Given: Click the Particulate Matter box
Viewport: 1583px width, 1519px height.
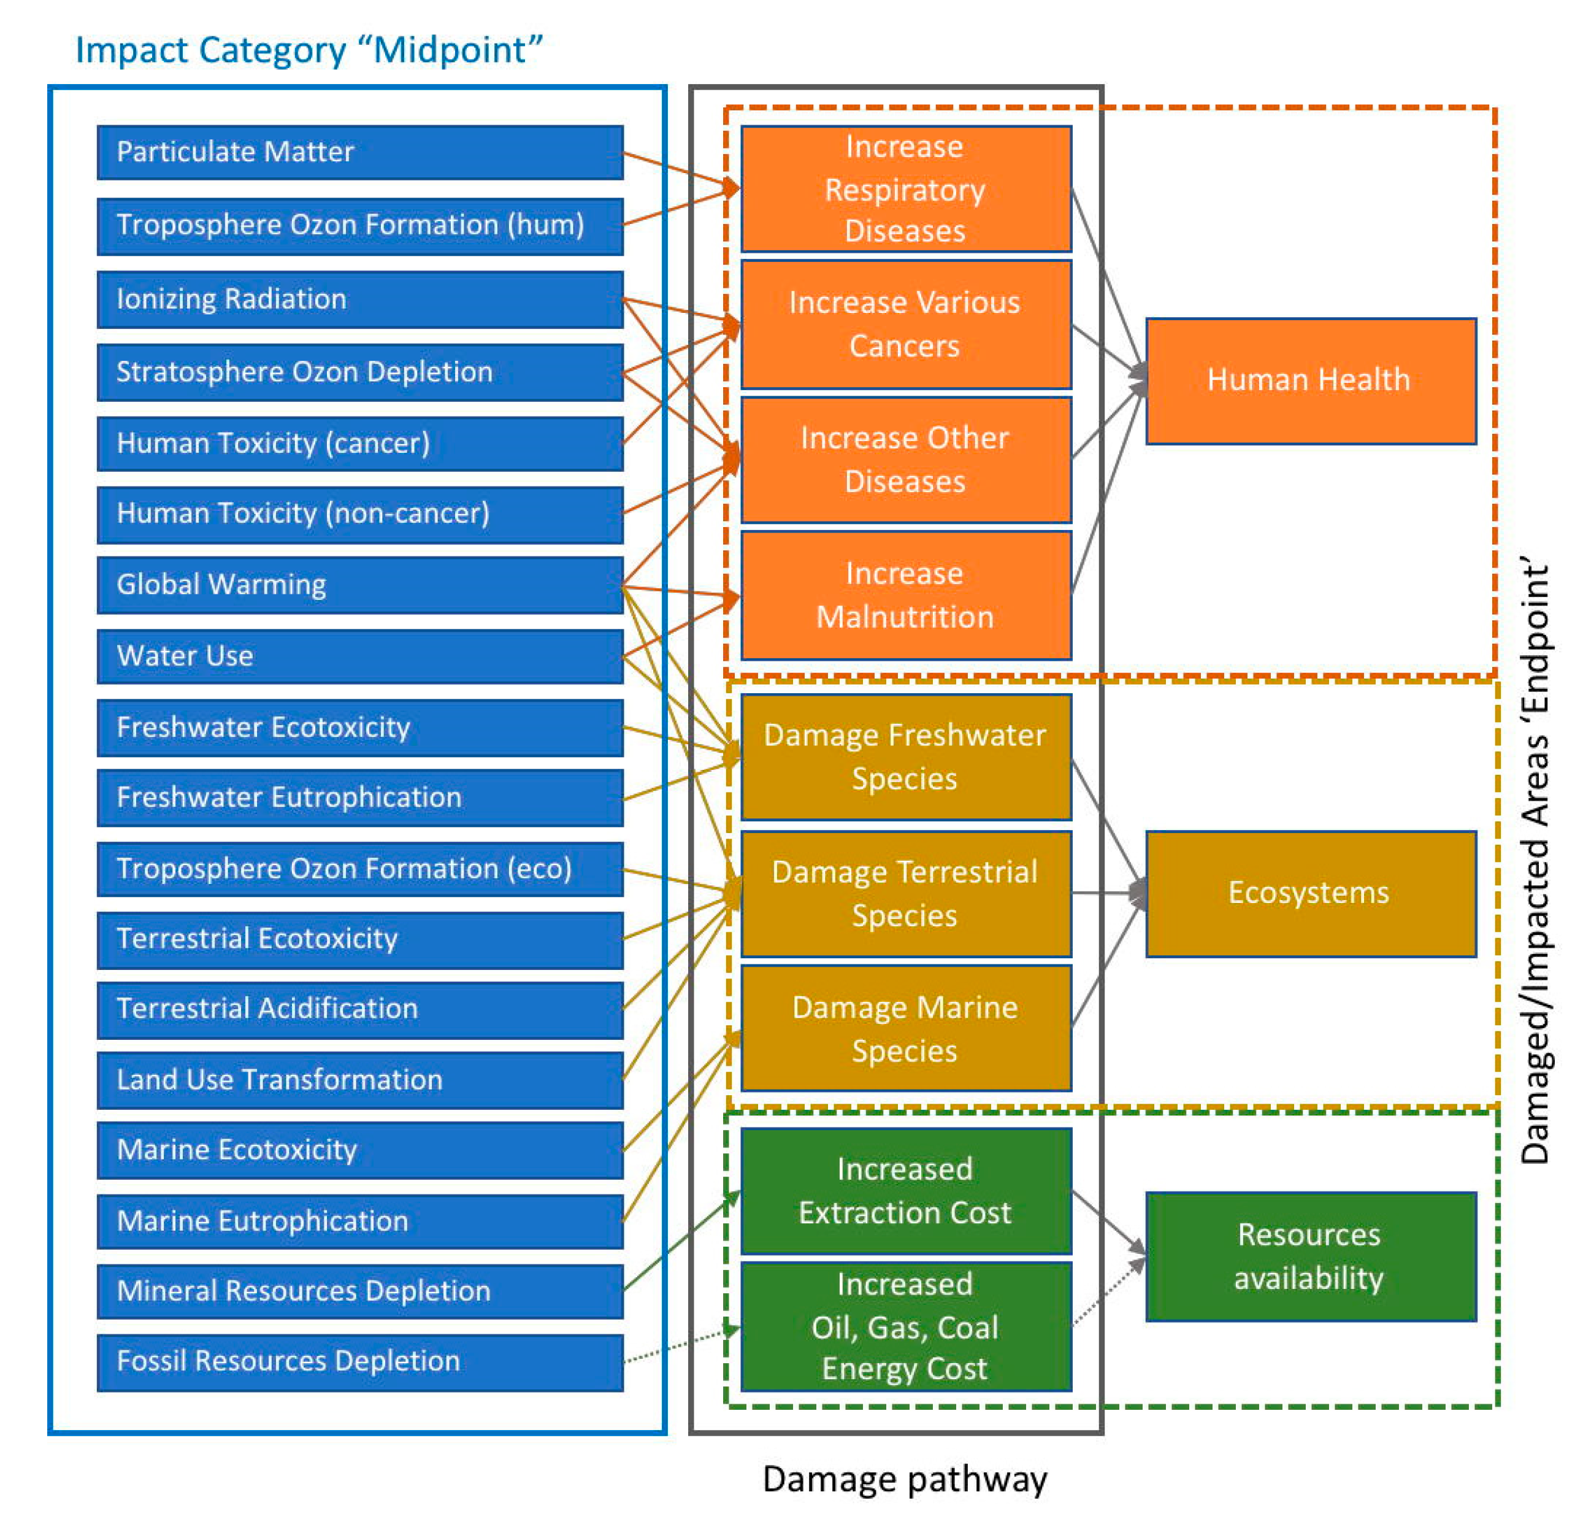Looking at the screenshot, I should pos(359,152).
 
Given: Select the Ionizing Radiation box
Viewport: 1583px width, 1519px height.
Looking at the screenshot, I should pos(359,299).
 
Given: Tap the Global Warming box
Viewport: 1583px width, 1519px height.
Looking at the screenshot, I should pos(359,584).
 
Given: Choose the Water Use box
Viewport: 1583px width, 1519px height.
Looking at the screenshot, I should pos(359,655).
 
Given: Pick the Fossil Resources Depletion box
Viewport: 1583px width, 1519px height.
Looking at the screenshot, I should pos(359,1361).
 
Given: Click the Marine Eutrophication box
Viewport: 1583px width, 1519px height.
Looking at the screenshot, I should pos(359,1220).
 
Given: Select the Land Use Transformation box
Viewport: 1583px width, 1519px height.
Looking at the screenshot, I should pos(359,1080).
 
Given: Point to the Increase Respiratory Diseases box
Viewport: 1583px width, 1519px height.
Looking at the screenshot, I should pos(905,189).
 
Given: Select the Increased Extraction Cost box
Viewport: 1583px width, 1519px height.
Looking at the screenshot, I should pos(905,1191).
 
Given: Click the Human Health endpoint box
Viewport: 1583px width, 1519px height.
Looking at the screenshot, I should pos(1310,380).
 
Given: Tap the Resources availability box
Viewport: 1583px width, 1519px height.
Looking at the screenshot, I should pos(1310,1256).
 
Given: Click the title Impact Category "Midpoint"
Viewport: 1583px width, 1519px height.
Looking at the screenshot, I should pos(309,50).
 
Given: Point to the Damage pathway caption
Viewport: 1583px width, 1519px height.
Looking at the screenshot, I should pos(905,1478).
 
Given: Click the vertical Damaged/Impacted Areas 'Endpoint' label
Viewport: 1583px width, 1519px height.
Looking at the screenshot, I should pos(1534,861).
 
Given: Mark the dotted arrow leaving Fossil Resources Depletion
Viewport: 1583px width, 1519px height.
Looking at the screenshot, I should pos(683,1345).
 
